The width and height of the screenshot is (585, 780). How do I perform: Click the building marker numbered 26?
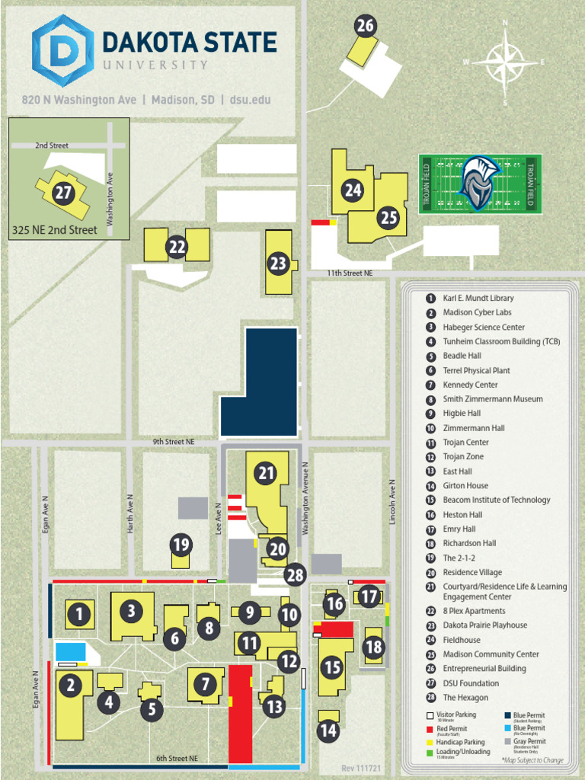pos(366,27)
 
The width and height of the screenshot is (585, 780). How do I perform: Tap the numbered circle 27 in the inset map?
pos(63,193)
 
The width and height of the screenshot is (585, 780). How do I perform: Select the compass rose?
pos(505,62)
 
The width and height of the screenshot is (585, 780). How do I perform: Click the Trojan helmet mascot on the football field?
pos(478,182)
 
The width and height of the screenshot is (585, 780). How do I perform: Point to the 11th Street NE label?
pos(350,273)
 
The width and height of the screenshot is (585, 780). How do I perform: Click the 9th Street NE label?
pos(174,441)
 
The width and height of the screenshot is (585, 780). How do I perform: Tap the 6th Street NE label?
pos(177,759)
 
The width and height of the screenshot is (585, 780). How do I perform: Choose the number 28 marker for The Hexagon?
pos(295,575)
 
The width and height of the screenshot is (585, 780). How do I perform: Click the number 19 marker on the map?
pos(181,545)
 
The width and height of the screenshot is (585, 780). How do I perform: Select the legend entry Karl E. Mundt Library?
pos(478,299)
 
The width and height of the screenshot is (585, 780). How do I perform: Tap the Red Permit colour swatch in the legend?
pos(430,729)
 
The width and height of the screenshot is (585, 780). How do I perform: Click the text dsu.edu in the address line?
pos(250,100)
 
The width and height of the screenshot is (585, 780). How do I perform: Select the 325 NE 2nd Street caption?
pos(55,230)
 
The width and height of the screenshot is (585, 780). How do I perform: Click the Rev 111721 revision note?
pos(361,768)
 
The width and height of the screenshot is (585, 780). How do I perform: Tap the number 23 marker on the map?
pos(278,264)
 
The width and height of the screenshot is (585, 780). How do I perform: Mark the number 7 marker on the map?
pos(205,684)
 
